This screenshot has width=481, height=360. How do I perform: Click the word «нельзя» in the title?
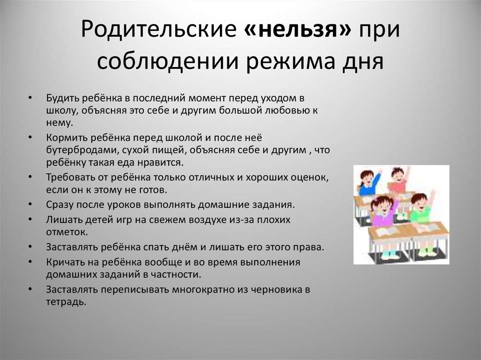(298, 30)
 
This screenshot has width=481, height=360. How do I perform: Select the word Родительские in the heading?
(159, 30)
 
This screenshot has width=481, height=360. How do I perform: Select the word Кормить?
(64, 138)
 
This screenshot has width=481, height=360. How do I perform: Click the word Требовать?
(69, 177)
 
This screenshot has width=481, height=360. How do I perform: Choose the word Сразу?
(60, 205)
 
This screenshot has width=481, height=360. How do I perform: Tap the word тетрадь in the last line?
(66, 302)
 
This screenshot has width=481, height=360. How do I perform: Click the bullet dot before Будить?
(30, 98)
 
